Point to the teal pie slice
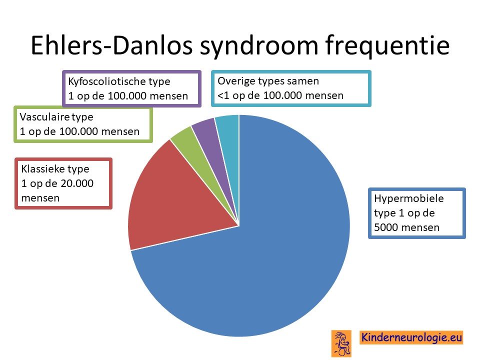pos(229,138)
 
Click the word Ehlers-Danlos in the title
pos(111,45)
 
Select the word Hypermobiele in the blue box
pos(409,198)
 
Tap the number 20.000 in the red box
pos(77,183)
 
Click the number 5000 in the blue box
pos(386,227)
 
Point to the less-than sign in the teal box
pos(220,96)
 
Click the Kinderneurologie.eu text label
pos(411,337)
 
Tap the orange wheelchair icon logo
pos(341,343)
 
